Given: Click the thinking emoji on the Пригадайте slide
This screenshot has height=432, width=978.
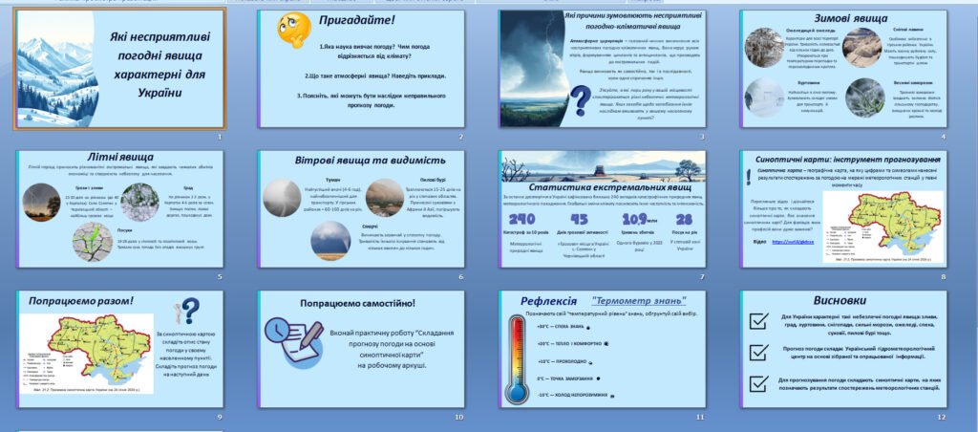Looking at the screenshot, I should coord(292,31).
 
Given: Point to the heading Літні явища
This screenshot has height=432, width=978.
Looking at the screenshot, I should coord(120,155).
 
